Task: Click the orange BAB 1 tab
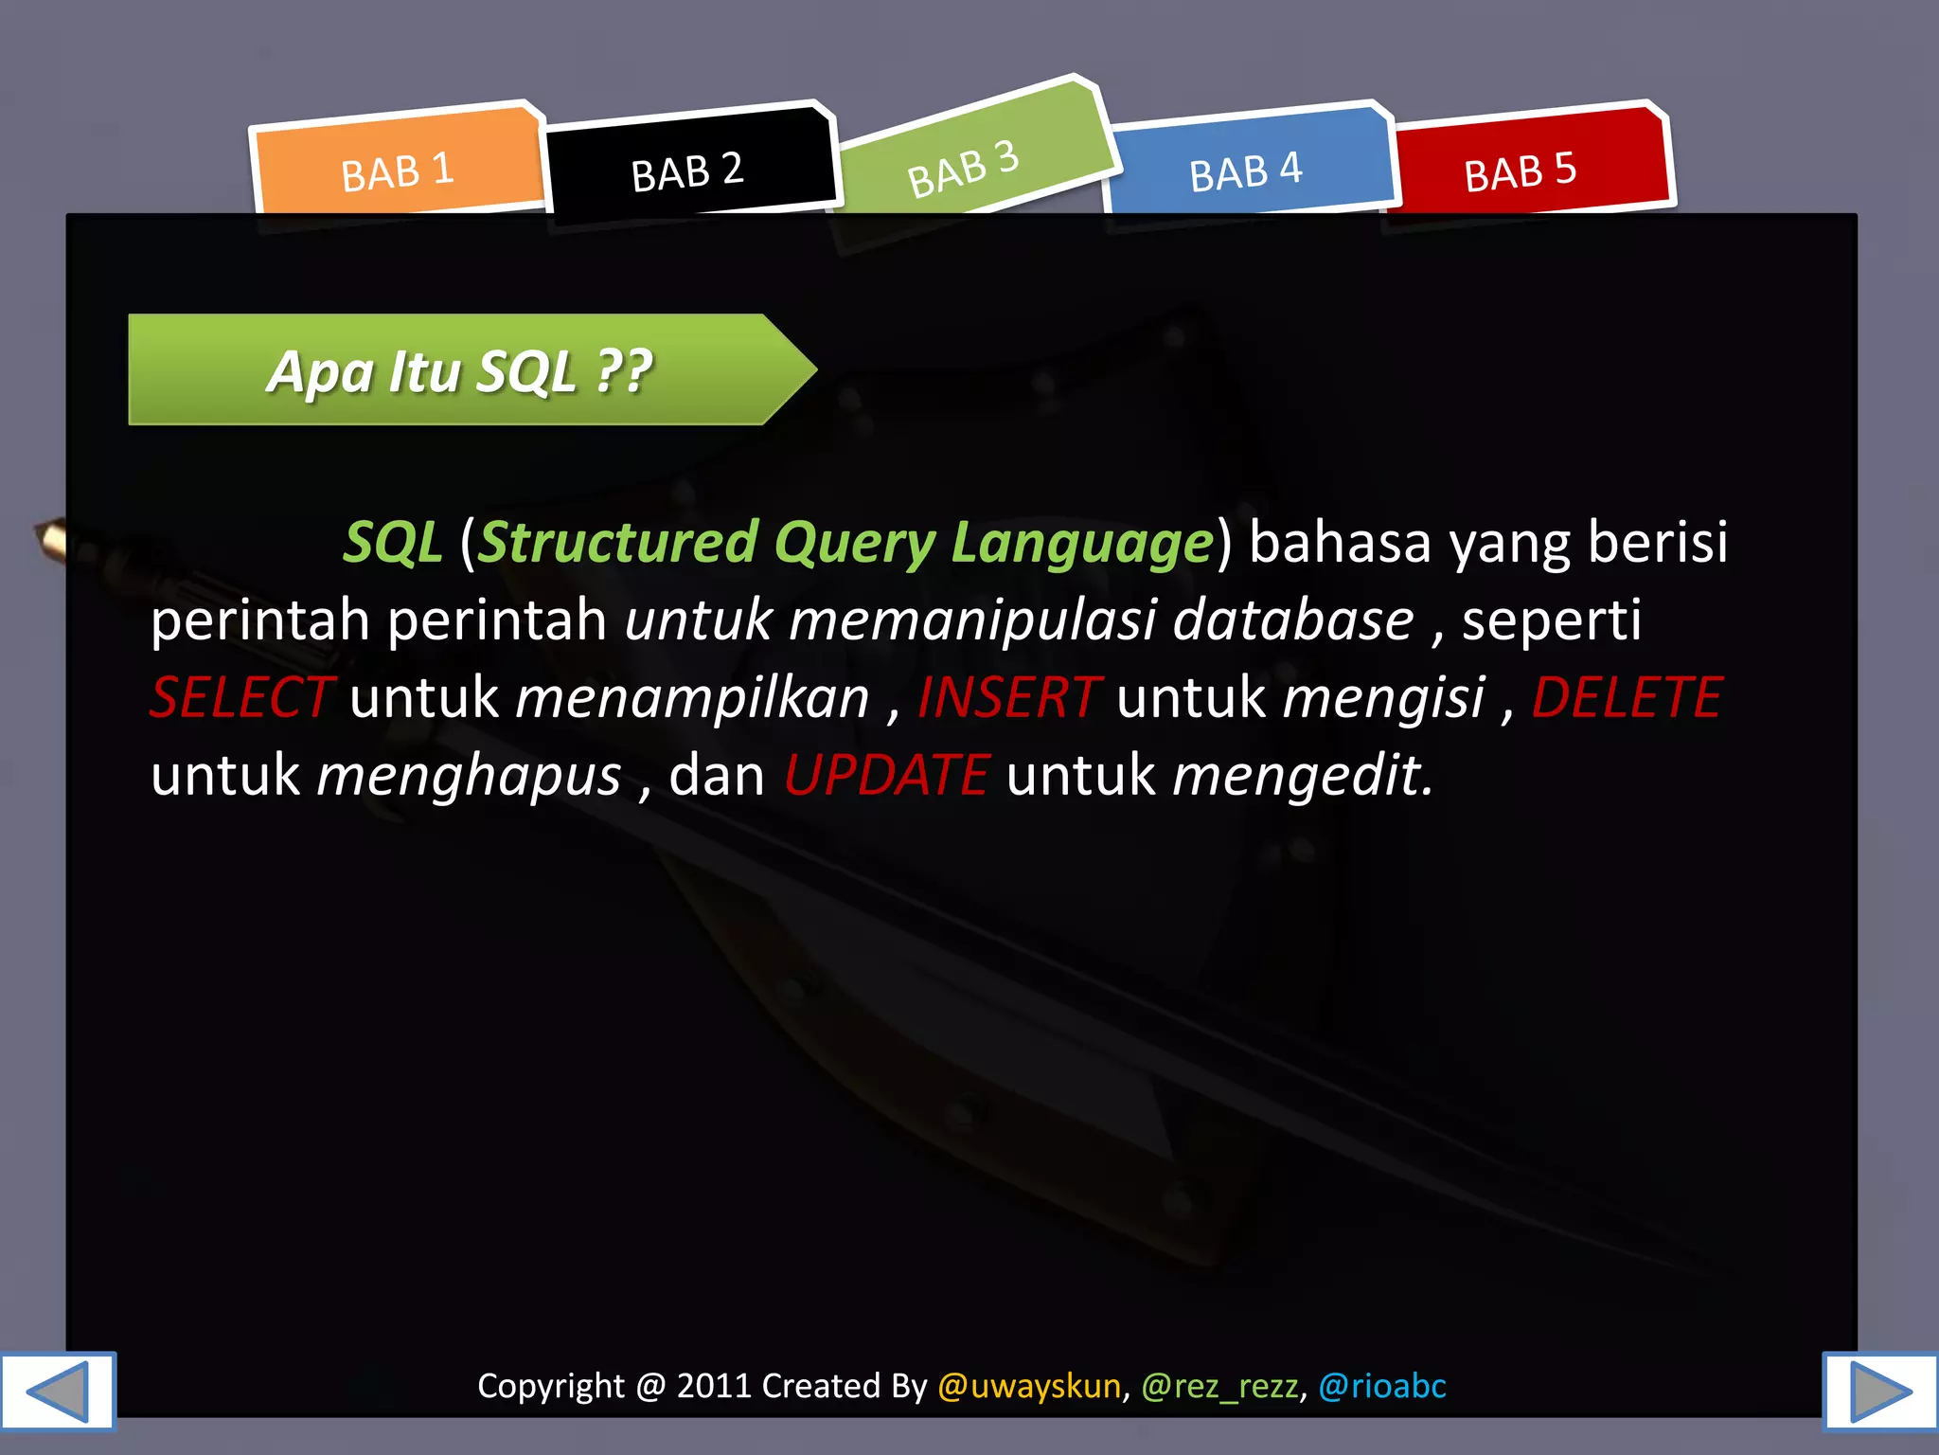coord(398,171)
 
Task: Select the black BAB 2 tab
coord(687,171)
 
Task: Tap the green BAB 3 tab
coord(964,168)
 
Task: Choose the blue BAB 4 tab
coord(1246,171)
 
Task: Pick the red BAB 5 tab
coord(1521,171)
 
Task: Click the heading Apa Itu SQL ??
coord(460,371)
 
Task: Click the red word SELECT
coord(242,698)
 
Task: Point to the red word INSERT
coord(1008,698)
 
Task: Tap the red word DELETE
coord(1627,698)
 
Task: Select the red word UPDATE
coord(887,776)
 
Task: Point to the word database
coord(1293,620)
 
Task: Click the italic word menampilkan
coord(692,698)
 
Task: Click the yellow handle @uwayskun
coord(1029,1386)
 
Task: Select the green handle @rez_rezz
coord(1219,1386)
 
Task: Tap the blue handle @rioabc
coord(1382,1386)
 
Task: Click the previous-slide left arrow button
coord(58,1391)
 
